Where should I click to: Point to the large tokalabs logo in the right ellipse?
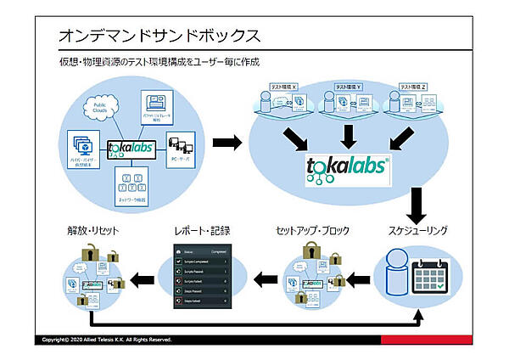[x=346, y=167]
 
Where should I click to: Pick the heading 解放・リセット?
[x=93, y=230]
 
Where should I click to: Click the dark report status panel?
[x=202, y=277]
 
